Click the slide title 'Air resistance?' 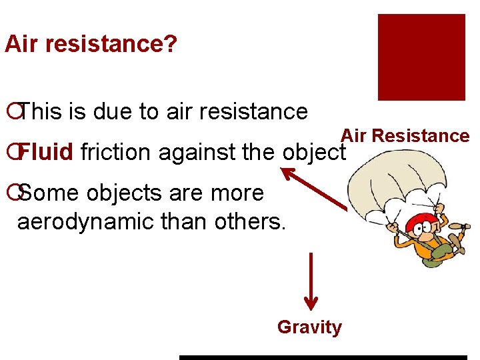click(91, 45)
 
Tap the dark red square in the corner click(421, 57)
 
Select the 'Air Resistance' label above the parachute click(405, 136)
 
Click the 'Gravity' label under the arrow click(309, 327)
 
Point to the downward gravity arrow click(311, 281)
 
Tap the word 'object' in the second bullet click(312, 153)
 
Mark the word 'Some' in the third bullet click(47, 193)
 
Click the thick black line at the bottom click(323, 357)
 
